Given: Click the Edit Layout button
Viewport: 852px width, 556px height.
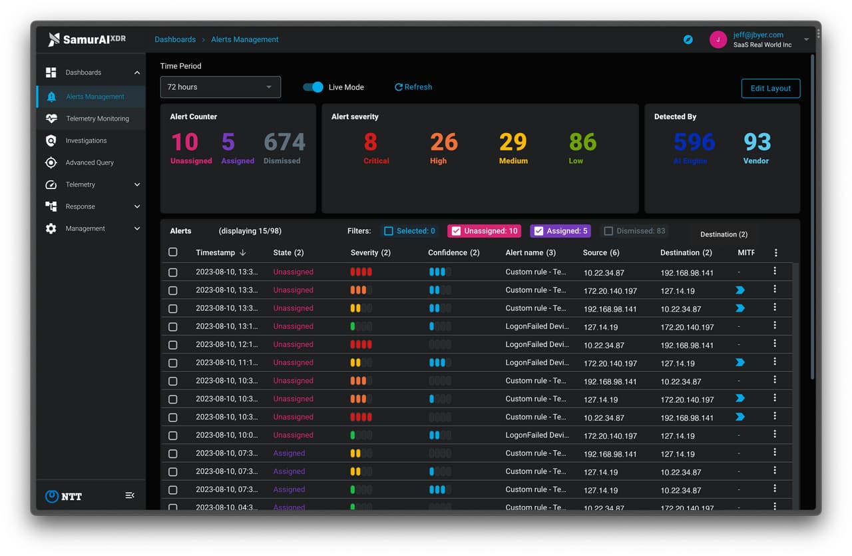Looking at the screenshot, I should (770, 89).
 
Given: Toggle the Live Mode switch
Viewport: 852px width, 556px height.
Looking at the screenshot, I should (313, 87).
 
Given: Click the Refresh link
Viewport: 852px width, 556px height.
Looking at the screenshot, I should (413, 87).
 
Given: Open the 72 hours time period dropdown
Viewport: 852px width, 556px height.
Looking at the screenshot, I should (220, 87).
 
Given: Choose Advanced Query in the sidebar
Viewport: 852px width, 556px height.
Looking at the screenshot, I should (89, 162).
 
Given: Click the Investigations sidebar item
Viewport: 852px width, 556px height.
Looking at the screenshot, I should (86, 140).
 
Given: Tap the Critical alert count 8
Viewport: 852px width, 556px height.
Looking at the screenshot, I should (371, 142).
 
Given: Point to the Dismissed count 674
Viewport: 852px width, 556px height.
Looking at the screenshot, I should (284, 142).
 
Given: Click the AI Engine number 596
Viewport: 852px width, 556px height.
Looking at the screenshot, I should (694, 142).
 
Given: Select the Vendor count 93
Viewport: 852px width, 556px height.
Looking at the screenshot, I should (757, 142).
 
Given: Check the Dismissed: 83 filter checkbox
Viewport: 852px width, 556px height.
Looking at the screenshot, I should (608, 231).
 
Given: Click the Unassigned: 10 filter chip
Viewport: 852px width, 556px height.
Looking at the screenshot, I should (484, 231).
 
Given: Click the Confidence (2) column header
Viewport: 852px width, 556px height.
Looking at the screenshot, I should (453, 253).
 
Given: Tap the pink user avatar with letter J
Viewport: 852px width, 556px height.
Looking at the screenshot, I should (718, 40).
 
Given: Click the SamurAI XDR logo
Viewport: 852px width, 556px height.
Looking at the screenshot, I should (87, 40).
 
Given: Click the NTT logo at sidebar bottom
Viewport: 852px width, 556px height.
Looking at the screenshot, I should (64, 496).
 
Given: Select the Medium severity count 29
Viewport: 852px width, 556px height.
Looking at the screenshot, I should (513, 142).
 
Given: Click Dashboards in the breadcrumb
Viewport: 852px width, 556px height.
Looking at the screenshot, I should (175, 40).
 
